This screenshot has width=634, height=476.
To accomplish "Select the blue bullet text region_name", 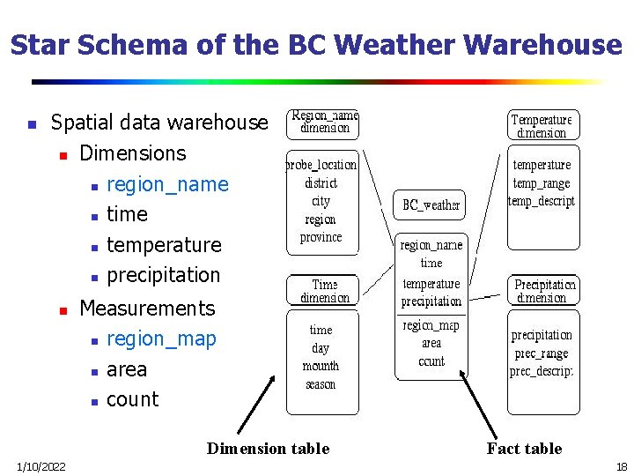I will tap(166, 184).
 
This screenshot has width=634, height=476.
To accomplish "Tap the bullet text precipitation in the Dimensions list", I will tap(163, 274).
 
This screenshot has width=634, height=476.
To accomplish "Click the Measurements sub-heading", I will tap(147, 308).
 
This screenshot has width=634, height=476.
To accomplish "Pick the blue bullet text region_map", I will tap(161, 338).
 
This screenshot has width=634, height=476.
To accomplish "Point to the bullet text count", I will tap(132, 399).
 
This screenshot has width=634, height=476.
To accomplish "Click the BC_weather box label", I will tap(431, 205).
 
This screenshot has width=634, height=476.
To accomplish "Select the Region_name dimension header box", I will tap(324, 123).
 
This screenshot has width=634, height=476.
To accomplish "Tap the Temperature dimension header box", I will tap(542, 125).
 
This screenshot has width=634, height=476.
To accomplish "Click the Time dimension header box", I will tap(324, 291).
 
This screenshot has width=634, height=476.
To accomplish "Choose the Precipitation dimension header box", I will tap(544, 291).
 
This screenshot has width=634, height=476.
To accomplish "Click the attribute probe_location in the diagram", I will tap(321, 165).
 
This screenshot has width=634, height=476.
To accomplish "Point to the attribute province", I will tap(321, 237).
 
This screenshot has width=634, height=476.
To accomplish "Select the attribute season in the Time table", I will tap(321, 384).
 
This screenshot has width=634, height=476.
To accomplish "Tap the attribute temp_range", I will tap(542, 183).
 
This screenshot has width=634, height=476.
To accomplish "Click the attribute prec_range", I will tap(542, 353).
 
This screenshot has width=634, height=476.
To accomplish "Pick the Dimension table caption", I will tap(268, 449).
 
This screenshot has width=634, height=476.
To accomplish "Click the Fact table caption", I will tap(524, 449).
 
